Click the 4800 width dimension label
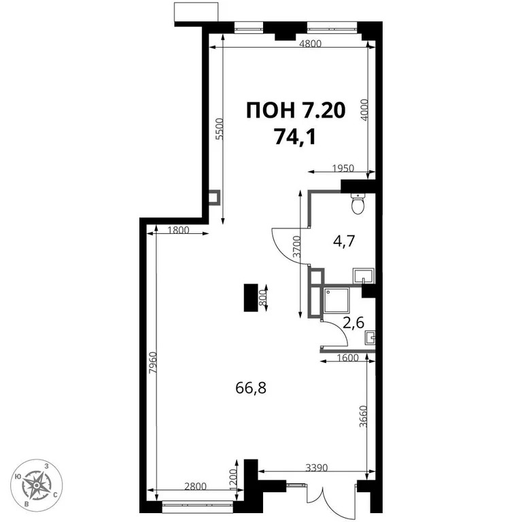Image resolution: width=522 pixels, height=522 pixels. tap(309, 43)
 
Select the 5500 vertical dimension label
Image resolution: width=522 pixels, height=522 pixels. tap(219, 129)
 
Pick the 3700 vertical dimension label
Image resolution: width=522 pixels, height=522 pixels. tap(296, 245)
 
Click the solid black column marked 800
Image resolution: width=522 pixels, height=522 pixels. tap(251, 297)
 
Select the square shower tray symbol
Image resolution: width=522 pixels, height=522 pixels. tap(336, 298)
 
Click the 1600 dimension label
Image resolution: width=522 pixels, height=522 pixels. tap(349, 360)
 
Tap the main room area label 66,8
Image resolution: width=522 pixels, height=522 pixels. tap(250, 388)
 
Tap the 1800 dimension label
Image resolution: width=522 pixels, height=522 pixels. tap(177, 230)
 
